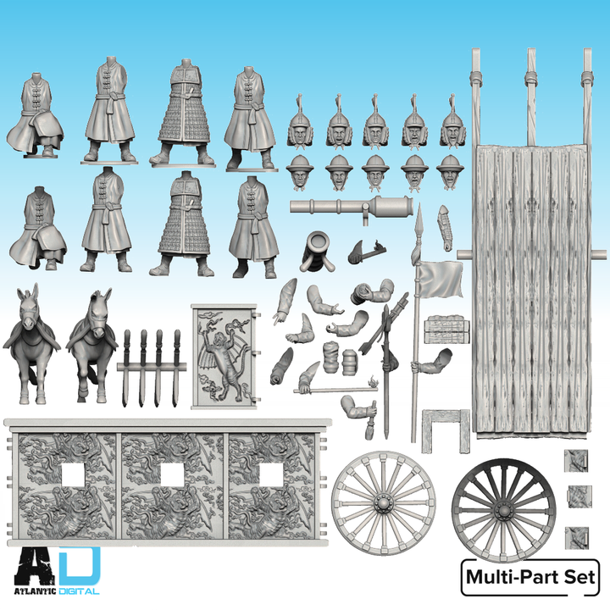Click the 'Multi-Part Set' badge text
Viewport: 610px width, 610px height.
click(530, 579)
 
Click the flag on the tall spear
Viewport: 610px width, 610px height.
click(442, 280)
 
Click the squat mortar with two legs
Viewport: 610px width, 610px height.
click(315, 250)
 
